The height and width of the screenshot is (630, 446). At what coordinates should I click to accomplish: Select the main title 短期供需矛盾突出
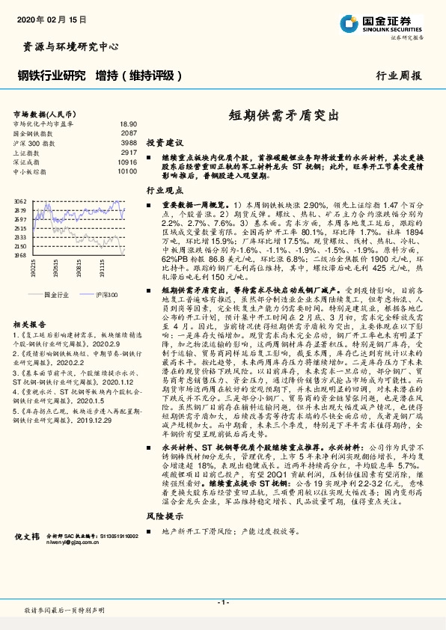(282, 117)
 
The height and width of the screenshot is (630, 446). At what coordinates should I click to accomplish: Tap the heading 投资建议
(165, 141)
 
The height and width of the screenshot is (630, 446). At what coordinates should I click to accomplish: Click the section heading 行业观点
(165, 191)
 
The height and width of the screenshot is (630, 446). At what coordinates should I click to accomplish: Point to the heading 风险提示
(165, 516)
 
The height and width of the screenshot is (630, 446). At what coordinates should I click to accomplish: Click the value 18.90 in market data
(128, 123)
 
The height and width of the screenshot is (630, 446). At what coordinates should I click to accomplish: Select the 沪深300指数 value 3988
(129, 142)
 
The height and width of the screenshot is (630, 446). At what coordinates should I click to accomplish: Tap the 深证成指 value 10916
(126, 162)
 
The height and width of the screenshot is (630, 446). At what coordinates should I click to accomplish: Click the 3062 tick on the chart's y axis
(21, 201)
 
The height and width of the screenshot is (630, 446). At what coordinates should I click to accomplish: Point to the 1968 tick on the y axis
(21, 254)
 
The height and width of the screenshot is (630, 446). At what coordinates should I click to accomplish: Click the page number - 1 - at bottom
(222, 601)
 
